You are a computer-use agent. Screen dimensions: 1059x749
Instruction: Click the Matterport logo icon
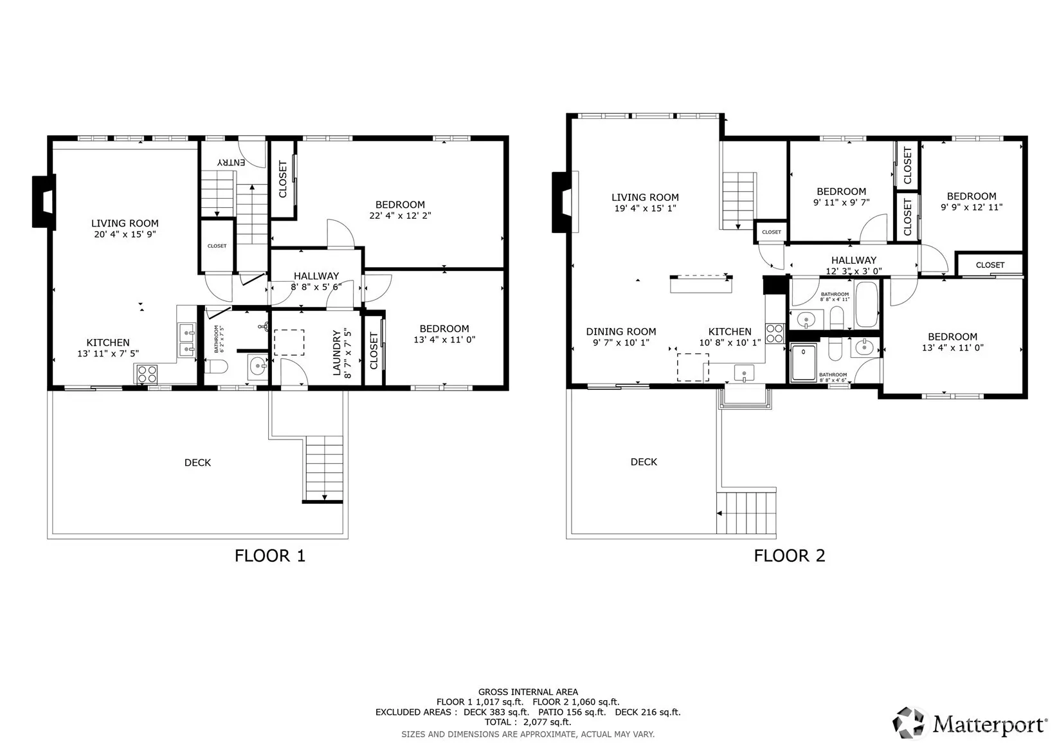(x=908, y=723)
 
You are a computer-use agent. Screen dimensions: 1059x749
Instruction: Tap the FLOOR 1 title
(x=270, y=555)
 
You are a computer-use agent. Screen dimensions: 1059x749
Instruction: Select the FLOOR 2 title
(x=789, y=555)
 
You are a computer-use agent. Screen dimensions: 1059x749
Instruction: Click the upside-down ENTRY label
(x=231, y=162)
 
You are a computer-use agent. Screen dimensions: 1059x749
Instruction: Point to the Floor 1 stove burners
(x=147, y=374)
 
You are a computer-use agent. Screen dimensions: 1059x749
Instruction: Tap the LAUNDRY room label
(x=337, y=353)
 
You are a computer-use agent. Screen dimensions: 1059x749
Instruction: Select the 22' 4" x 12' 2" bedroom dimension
(x=400, y=216)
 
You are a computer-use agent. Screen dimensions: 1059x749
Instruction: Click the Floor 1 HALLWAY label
(x=316, y=276)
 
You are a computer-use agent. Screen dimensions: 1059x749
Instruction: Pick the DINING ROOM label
(x=620, y=331)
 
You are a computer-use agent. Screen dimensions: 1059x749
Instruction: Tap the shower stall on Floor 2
(x=804, y=363)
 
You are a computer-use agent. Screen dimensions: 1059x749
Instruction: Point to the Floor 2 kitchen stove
(x=774, y=333)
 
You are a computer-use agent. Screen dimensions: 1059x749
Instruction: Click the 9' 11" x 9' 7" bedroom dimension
(x=842, y=203)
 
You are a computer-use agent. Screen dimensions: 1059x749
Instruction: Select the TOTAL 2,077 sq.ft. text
(x=528, y=722)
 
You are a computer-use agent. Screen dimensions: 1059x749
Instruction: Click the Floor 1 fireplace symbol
(x=44, y=202)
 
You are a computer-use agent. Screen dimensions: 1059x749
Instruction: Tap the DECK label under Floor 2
(x=644, y=462)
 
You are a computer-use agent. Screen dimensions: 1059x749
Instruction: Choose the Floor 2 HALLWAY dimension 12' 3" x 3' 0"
(x=853, y=271)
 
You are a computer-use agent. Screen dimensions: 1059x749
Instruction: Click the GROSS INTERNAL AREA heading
(x=528, y=692)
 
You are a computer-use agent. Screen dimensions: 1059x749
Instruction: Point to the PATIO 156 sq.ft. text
(x=572, y=712)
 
